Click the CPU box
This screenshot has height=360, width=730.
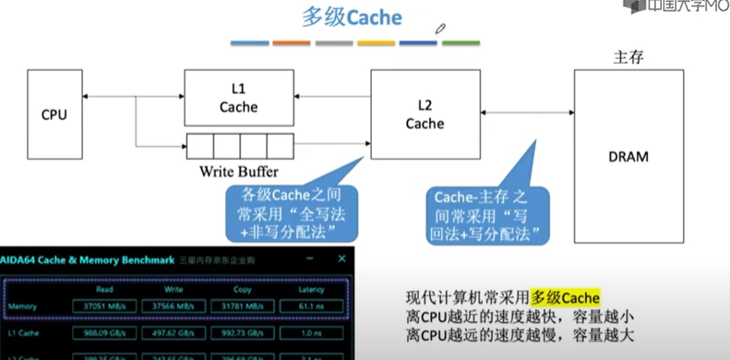coord(54,114)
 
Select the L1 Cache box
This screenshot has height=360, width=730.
coord(238,97)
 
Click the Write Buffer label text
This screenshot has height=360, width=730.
coord(239,172)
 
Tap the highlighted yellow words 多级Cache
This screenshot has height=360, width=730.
coord(566,297)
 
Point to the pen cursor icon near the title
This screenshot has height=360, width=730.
coord(441,30)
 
